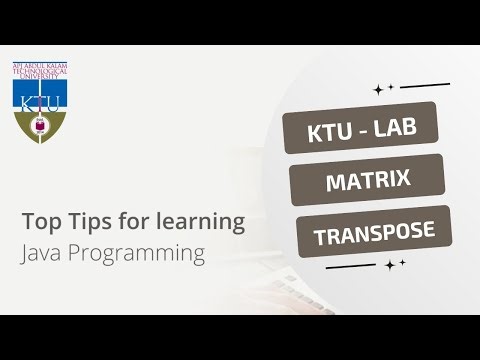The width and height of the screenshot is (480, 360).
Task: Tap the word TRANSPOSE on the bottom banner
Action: click(x=374, y=233)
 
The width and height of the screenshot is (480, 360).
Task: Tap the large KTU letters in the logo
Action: click(x=39, y=100)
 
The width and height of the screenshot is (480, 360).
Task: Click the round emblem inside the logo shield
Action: click(x=39, y=126)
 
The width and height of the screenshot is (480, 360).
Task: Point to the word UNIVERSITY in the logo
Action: click(x=39, y=81)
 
